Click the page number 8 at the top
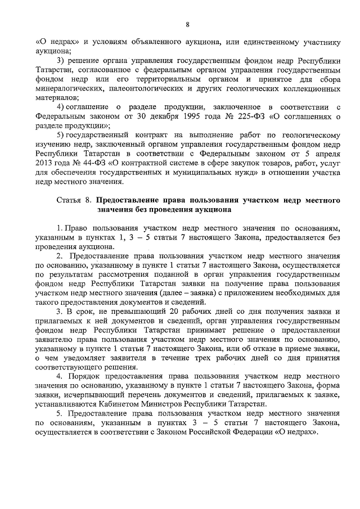point(187,24)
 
